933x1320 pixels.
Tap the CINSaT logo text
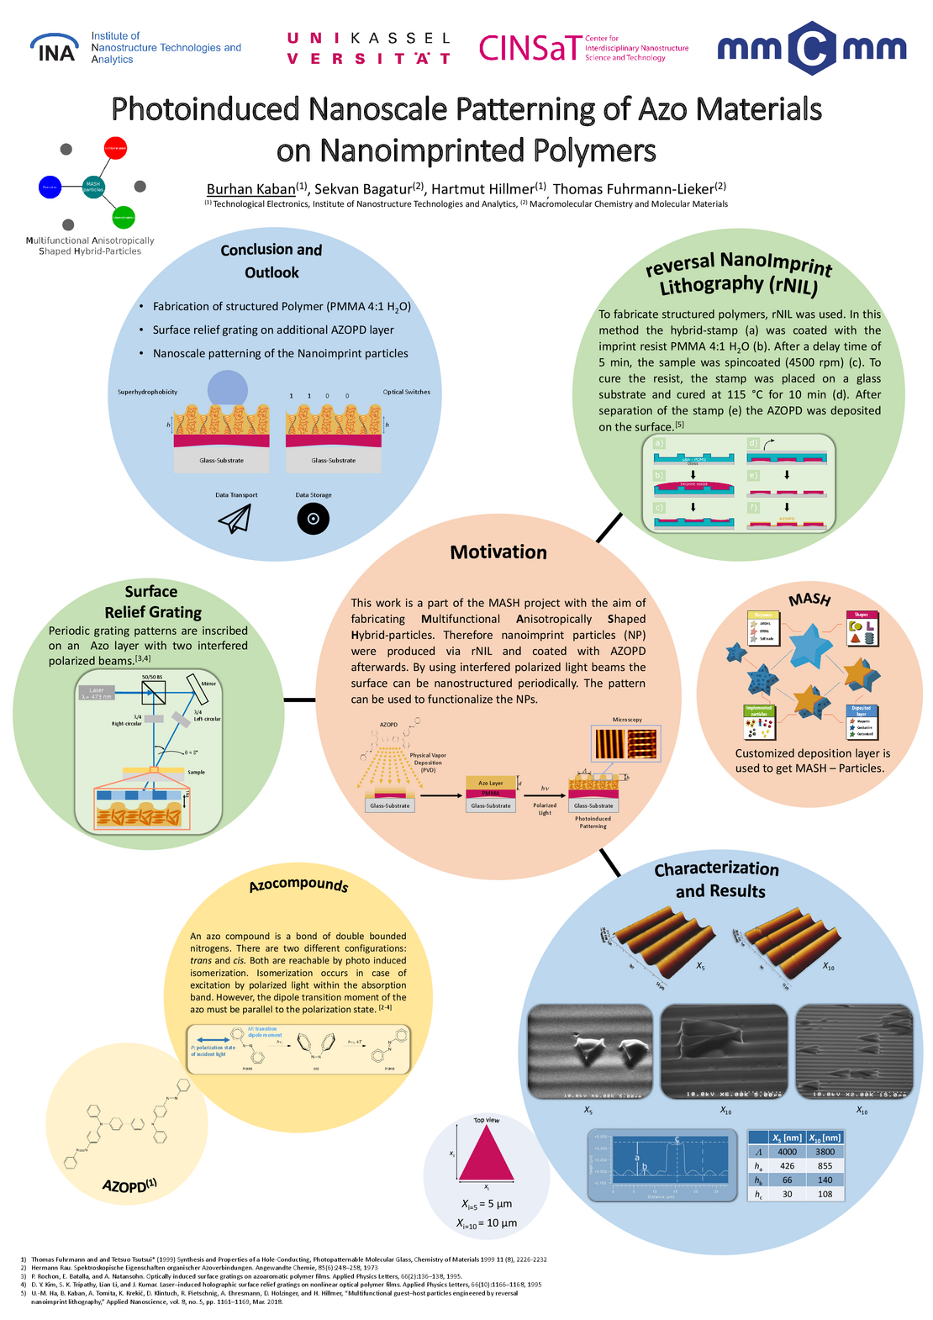tap(530, 48)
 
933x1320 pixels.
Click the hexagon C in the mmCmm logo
tap(812, 49)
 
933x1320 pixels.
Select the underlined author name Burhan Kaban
tap(250, 189)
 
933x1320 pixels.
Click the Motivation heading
tap(498, 552)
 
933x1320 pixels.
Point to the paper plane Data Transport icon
tap(235, 519)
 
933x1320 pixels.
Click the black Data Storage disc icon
tap(314, 519)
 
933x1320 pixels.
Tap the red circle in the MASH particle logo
tap(115, 148)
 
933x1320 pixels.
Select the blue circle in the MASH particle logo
tap(50, 187)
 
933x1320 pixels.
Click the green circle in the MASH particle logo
tap(124, 218)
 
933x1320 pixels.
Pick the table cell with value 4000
tap(787, 1152)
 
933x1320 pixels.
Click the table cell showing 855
tap(825, 1166)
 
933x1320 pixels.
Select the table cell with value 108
tap(825, 1194)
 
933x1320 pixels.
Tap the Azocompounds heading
tap(298, 885)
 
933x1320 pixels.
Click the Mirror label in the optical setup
tap(208, 684)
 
